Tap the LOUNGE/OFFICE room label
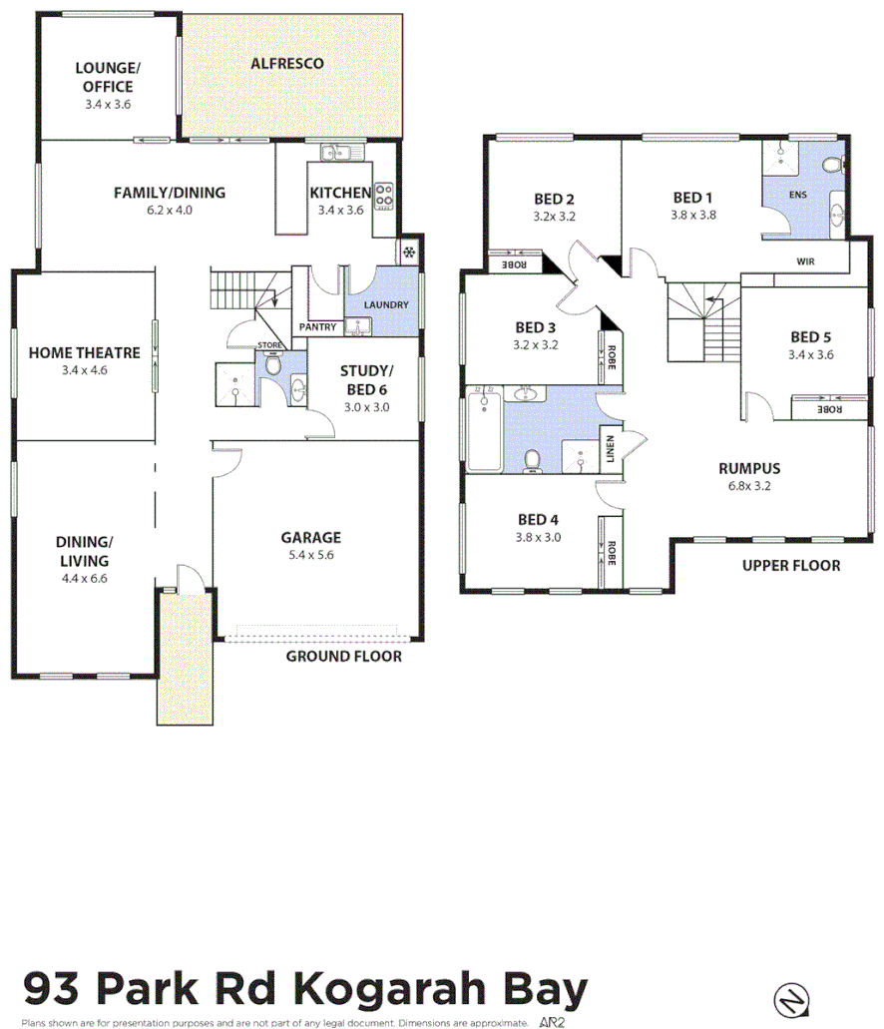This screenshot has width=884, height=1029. point(108,77)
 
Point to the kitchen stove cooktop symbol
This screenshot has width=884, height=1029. point(383,197)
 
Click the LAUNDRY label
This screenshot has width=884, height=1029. point(385,303)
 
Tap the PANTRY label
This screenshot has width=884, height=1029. point(318,326)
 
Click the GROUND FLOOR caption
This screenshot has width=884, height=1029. point(343,656)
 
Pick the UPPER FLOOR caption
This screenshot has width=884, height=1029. point(790,565)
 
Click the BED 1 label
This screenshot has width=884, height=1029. point(693,198)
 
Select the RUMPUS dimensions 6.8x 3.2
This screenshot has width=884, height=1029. point(749,486)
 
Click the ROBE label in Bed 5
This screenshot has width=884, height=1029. point(828,409)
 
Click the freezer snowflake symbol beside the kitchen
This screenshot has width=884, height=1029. point(409,253)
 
